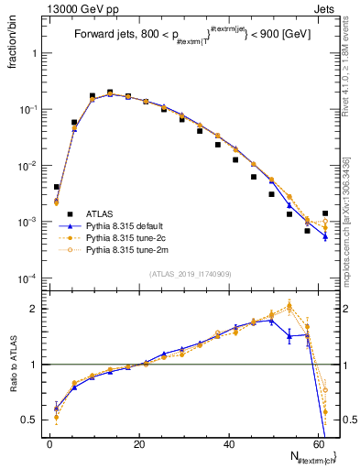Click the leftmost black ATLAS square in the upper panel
point(56,187)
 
